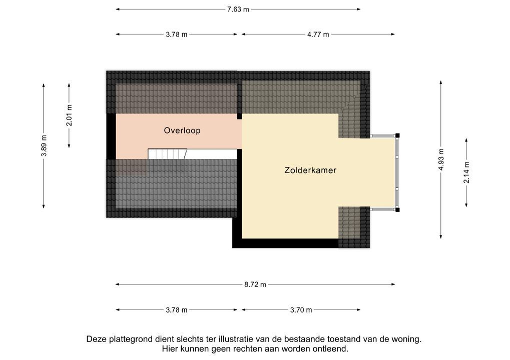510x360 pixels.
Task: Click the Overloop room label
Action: (182, 130)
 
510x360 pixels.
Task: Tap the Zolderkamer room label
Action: (310, 170)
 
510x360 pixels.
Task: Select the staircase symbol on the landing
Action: (167, 153)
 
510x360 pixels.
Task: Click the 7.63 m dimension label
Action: (238, 9)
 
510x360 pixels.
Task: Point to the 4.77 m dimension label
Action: (318, 34)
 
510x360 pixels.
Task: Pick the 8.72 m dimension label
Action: (255, 284)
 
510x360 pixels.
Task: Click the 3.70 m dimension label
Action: (301, 310)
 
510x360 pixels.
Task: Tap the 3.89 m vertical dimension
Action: (44, 146)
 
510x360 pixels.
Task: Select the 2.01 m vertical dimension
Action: (69, 115)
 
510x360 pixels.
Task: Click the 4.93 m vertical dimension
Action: (441, 159)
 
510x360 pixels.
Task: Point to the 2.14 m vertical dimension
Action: (466, 172)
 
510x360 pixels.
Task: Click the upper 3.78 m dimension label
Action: (177, 34)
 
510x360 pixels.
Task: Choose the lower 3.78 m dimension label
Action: (177, 310)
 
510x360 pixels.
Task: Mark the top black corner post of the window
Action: (397, 135)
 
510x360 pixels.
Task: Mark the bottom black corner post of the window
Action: (397, 209)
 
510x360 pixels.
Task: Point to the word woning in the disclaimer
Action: (407, 339)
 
